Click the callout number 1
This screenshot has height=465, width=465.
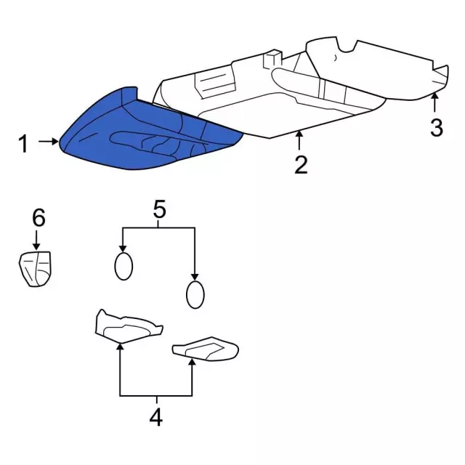click(23, 144)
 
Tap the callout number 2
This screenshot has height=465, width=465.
click(301, 165)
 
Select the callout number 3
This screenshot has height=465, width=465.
click(436, 128)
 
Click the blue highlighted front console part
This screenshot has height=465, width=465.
click(145, 131)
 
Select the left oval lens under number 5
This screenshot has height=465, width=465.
click(124, 266)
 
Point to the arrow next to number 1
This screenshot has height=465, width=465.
click(49, 142)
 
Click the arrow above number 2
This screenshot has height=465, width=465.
click(299, 140)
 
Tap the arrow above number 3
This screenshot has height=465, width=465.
click(435, 103)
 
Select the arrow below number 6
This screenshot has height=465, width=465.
click(37, 240)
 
